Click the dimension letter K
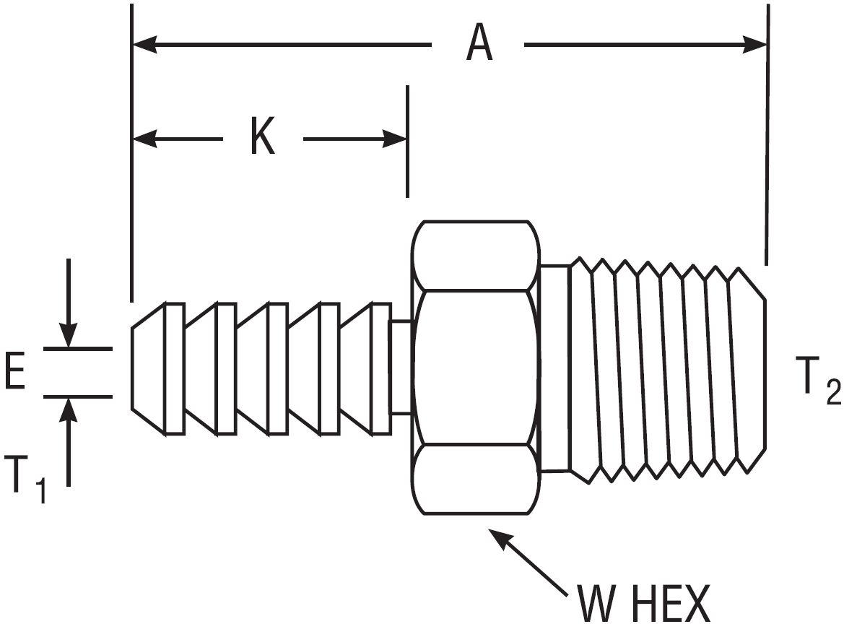(x=262, y=138)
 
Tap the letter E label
(x=16, y=374)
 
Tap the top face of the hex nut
(x=477, y=256)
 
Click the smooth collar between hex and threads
(x=554, y=368)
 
